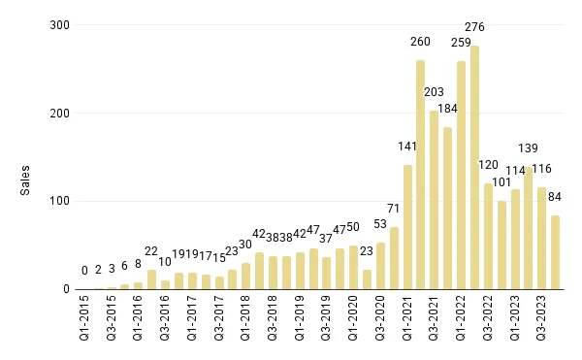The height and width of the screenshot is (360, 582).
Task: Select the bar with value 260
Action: coord(421,175)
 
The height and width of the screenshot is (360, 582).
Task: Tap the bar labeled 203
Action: coord(435,200)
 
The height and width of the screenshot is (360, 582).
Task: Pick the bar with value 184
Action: coord(447,209)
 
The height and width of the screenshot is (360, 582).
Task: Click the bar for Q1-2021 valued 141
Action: coord(407,227)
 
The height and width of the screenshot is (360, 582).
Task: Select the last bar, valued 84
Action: coord(555,252)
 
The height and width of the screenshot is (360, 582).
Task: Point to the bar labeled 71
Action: coord(394,258)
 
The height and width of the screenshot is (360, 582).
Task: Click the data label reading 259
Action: coord(461,42)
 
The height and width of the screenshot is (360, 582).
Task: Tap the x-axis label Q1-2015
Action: coord(85,318)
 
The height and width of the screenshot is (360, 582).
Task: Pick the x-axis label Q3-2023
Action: coord(541,318)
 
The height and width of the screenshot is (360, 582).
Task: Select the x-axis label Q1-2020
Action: coord(353,318)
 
